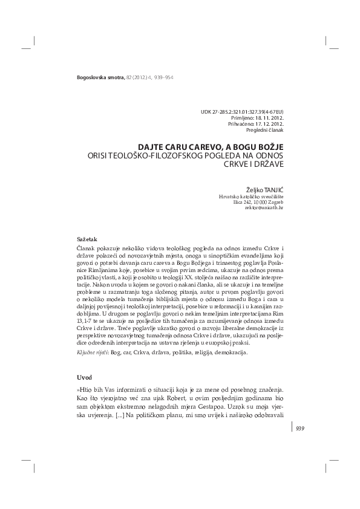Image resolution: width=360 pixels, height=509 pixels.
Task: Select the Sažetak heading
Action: (82, 239)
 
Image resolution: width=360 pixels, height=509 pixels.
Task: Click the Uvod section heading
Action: (79, 377)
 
